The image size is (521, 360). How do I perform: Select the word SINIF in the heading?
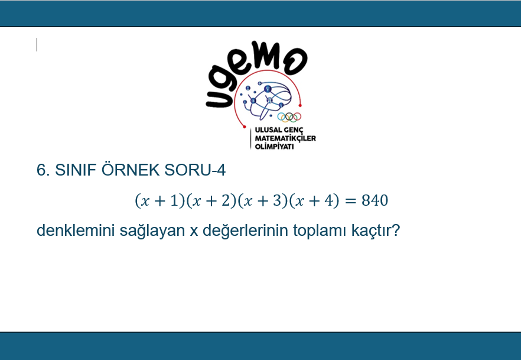[x=76, y=170]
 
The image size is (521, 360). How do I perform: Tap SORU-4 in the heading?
[x=195, y=170]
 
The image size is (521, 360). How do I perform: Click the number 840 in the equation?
[x=375, y=200]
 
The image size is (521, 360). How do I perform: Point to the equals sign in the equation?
[x=350, y=201]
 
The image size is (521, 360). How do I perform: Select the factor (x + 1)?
[x=160, y=201]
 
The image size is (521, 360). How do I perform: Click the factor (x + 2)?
[x=211, y=201]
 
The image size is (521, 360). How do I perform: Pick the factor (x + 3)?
[x=263, y=201]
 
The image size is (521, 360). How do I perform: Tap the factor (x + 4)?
[x=314, y=201]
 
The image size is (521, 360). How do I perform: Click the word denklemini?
[x=76, y=230]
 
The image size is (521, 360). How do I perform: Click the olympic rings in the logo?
[x=289, y=117]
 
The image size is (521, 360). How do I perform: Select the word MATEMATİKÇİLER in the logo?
[x=285, y=138]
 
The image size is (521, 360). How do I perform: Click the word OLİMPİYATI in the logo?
[x=275, y=146]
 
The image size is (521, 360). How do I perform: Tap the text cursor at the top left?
[x=37, y=45]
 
